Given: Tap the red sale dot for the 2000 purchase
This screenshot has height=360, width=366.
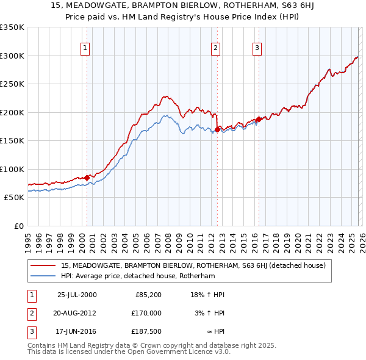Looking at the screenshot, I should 87,177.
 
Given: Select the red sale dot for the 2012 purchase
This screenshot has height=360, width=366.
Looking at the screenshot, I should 217,129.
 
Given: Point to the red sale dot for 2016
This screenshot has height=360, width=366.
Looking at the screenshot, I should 259,120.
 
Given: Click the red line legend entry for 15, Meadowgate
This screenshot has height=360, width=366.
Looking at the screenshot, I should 193,265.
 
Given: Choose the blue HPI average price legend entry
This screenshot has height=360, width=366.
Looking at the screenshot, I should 138,276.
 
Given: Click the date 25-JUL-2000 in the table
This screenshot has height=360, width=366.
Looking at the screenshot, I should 76,295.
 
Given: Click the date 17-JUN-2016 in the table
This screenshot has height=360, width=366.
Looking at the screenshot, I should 76,331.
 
